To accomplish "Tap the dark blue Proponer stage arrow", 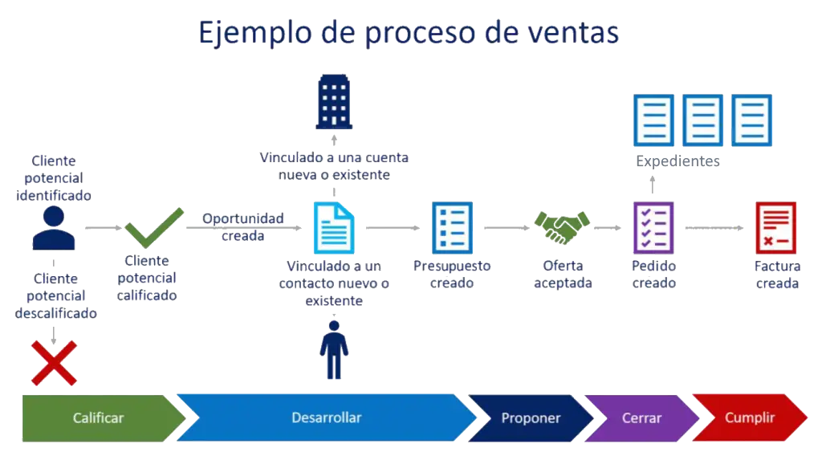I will tap(531, 418).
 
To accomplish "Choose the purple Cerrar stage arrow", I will tap(641, 418).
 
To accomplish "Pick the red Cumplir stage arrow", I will tap(750, 418).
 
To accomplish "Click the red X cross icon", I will tap(54, 362).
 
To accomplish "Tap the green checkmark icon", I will tap(153, 228).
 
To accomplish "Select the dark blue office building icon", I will tap(334, 103).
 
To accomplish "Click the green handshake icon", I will tap(562, 227).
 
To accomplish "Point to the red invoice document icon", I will tap(775, 227).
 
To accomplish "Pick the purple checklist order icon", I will tap(653, 227).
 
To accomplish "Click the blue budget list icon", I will tap(452, 227).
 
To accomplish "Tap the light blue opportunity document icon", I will tap(333, 228).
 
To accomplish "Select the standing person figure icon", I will tap(334, 351).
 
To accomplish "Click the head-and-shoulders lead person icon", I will tap(54, 228).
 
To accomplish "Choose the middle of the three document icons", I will tap(702, 120).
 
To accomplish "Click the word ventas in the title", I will tap(573, 33).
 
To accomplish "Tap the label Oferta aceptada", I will tap(563, 274).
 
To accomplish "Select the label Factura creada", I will tap(777, 274).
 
